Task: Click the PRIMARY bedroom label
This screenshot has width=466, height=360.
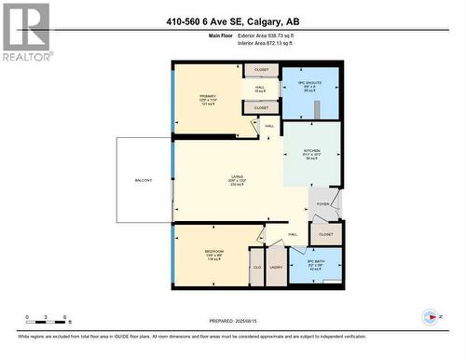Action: (207, 96)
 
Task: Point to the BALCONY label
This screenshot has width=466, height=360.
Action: (143, 180)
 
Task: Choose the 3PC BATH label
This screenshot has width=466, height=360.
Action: (313, 261)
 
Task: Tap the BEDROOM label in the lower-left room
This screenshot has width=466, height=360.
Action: (214, 252)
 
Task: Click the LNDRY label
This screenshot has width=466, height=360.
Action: (276, 269)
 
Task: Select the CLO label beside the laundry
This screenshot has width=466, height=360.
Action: (256, 269)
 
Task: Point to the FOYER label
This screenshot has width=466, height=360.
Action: (322, 203)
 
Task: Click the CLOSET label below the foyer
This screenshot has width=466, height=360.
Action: (325, 234)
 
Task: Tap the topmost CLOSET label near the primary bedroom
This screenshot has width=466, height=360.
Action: (261, 70)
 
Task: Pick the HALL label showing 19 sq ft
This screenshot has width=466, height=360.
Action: (260, 89)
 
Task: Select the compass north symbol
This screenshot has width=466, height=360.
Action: (430, 318)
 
